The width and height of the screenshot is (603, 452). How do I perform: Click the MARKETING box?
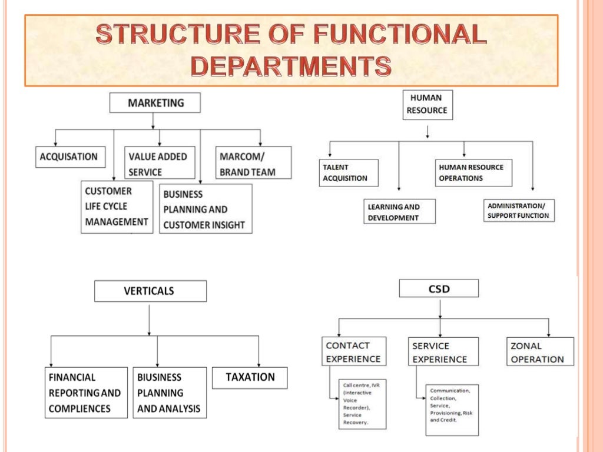(x=155, y=103)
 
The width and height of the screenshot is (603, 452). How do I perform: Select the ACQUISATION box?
(x=69, y=157)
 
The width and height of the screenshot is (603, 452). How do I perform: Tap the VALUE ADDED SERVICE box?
(x=160, y=163)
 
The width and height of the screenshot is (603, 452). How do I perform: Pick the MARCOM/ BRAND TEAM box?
(x=254, y=163)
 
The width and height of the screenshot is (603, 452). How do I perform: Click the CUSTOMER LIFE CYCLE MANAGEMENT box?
(x=116, y=207)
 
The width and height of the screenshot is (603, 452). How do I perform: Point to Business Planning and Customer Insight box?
(x=206, y=209)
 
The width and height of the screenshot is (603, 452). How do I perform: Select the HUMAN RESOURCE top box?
(x=428, y=105)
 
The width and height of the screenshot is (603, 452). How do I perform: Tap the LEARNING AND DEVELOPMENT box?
(x=399, y=212)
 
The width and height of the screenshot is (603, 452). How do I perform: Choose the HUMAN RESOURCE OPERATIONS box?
(x=473, y=173)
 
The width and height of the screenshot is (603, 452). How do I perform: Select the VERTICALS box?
(x=150, y=291)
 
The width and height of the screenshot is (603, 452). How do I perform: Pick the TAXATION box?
(x=250, y=377)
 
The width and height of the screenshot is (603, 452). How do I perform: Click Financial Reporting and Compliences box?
(x=86, y=393)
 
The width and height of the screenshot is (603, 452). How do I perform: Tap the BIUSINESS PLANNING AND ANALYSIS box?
(x=170, y=393)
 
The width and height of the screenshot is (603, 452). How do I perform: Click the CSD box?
(x=439, y=288)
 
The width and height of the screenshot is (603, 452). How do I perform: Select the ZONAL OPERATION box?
(x=539, y=352)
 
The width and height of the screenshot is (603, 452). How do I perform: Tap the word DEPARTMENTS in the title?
(x=291, y=67)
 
